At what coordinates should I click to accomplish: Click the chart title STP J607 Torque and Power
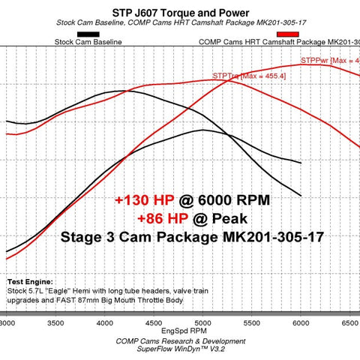179,10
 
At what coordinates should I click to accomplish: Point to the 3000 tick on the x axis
7,322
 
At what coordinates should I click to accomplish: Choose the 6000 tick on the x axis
301,322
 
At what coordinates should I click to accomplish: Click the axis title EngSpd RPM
180,331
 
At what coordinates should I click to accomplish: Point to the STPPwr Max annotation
329,59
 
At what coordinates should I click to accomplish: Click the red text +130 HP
145,200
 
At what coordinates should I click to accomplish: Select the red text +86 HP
162,218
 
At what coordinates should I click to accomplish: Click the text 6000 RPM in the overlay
232,200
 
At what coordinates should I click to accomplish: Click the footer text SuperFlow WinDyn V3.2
180,348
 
